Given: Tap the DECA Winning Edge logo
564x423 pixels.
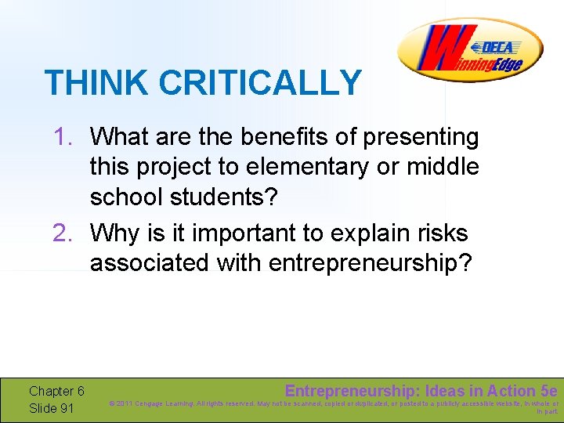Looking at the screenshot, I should tap(469, 49).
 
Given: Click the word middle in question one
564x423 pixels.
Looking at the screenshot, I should tap(443, 167).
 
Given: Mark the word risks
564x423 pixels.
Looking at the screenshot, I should tap(446, 233).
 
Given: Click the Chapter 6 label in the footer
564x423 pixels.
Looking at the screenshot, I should tap(56, 391).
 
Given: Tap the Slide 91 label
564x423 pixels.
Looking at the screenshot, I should tap(52, 408).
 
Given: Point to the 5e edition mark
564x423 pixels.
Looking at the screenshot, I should tap(549, 390).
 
